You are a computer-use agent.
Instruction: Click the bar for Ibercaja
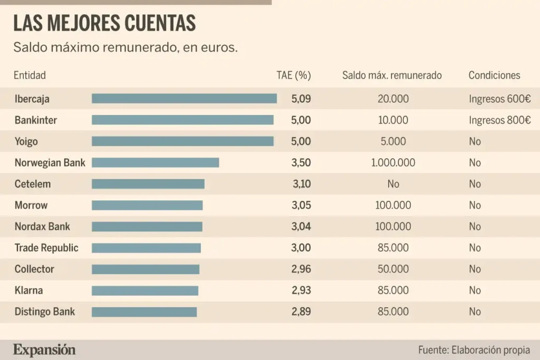(x=184, y=99)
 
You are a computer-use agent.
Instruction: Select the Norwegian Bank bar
(x=155, y=162)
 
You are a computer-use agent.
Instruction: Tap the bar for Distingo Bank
(x=144, y=312)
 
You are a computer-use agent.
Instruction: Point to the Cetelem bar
(x=148, y=184)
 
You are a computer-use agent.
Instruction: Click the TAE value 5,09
(x=301, y=99)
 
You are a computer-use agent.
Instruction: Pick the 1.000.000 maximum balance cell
(x=393, y=162)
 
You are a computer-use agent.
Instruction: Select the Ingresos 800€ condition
(x=499, y=120)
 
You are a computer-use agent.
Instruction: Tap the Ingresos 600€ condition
(x=499, y=99)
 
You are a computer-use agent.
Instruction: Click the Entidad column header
(x=30, y=75)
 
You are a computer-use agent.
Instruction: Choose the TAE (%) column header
(x=294, y=75)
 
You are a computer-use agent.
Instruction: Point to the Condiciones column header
(x=494, y=75)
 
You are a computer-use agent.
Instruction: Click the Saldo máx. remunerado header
(x=392, y=75)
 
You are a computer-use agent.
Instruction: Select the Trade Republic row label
(x=46, y=248)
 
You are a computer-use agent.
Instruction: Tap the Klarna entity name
(x=28, y=290)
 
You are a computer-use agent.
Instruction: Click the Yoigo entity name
(x=26, y=141)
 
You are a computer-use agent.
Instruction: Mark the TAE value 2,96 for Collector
(x=301, y=269)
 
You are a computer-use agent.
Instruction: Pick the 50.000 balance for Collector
(x=393, y=269)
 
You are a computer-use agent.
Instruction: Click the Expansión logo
(x=44, y=349)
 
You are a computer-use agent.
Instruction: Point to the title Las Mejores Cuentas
(x=104, y=23)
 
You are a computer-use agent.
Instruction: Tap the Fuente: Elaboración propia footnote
(x=474, y=350)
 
